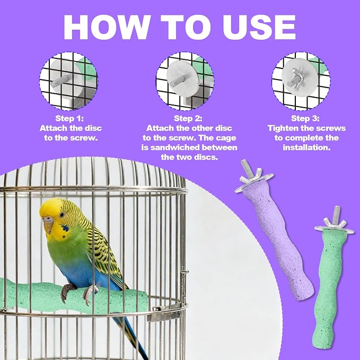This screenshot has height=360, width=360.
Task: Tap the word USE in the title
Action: pos(259,27)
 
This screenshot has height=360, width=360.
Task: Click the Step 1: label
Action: pos(69,118)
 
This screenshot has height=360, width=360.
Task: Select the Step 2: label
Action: pos(188,118)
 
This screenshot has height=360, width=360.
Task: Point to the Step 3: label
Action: pos(305,118)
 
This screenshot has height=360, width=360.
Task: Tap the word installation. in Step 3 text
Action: pos(306,147)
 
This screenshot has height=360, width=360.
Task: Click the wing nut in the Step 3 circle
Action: pos(296,78)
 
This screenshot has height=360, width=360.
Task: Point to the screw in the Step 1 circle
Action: pos(59,81)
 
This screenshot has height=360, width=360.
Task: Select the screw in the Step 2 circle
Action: pos(178,81)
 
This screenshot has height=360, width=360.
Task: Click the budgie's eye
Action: pos(62,215)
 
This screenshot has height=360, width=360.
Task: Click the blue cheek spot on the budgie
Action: pos(65,228)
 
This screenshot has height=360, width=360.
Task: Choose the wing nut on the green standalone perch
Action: pos(335,223)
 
